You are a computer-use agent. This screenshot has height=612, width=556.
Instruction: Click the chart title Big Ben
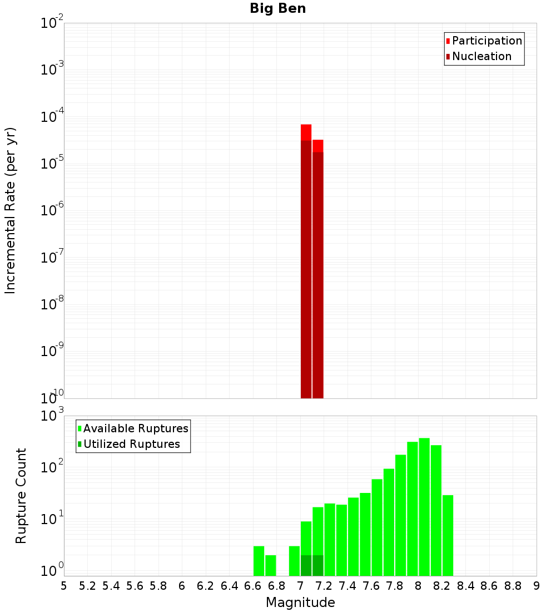tap(277, 8)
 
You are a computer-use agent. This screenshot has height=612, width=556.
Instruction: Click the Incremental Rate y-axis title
tap(10, 210)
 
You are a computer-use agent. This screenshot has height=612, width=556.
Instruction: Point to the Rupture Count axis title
tap(21, 496)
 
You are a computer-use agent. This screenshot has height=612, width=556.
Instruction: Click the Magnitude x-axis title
tap(300, 603)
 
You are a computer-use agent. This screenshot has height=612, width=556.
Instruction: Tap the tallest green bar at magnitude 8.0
tap(424, 506)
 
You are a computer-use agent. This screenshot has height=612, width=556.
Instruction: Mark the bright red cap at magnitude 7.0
tap(306, 132)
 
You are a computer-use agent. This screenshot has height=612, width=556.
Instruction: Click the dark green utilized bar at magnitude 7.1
tap(317, 565)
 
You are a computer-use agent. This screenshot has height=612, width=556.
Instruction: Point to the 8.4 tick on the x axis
tap(466, 585)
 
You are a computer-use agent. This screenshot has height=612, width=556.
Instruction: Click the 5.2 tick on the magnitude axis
tap(87, 585)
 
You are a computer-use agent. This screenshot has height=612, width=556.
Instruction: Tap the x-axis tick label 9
tap(537, 585)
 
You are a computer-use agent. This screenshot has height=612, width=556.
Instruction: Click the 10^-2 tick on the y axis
tap(52, 23)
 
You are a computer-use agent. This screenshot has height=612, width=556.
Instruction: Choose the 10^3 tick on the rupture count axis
tap(52, 416)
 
